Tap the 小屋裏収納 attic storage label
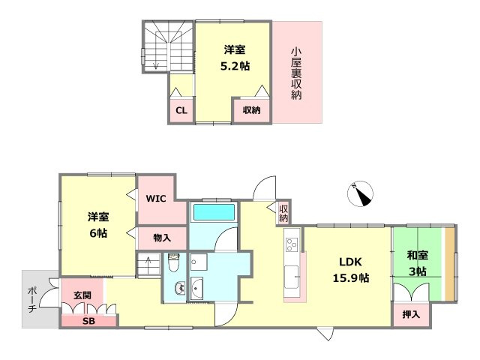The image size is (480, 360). click(x=297, y=73)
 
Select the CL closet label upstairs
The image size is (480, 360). click(x=181, y=111)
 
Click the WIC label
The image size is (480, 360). click(x=156, y=199)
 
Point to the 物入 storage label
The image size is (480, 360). click(x=161, y=238)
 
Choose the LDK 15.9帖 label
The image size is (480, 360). click(x=350, y=270)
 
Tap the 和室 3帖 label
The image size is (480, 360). click(x=417, y=264)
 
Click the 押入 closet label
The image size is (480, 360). click(x=410, y=314)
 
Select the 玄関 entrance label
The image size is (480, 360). click(x=82, y=295)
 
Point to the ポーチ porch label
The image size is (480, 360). click(x=32, y=298)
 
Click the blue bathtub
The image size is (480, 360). click(x=214, y=212)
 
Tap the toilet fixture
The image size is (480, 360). click(x=174, y=265)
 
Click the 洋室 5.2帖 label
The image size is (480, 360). click(x=235, y=58)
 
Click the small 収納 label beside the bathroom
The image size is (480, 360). click(x=283, y=213)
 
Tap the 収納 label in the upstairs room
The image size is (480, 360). click(x=251, y=110)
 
